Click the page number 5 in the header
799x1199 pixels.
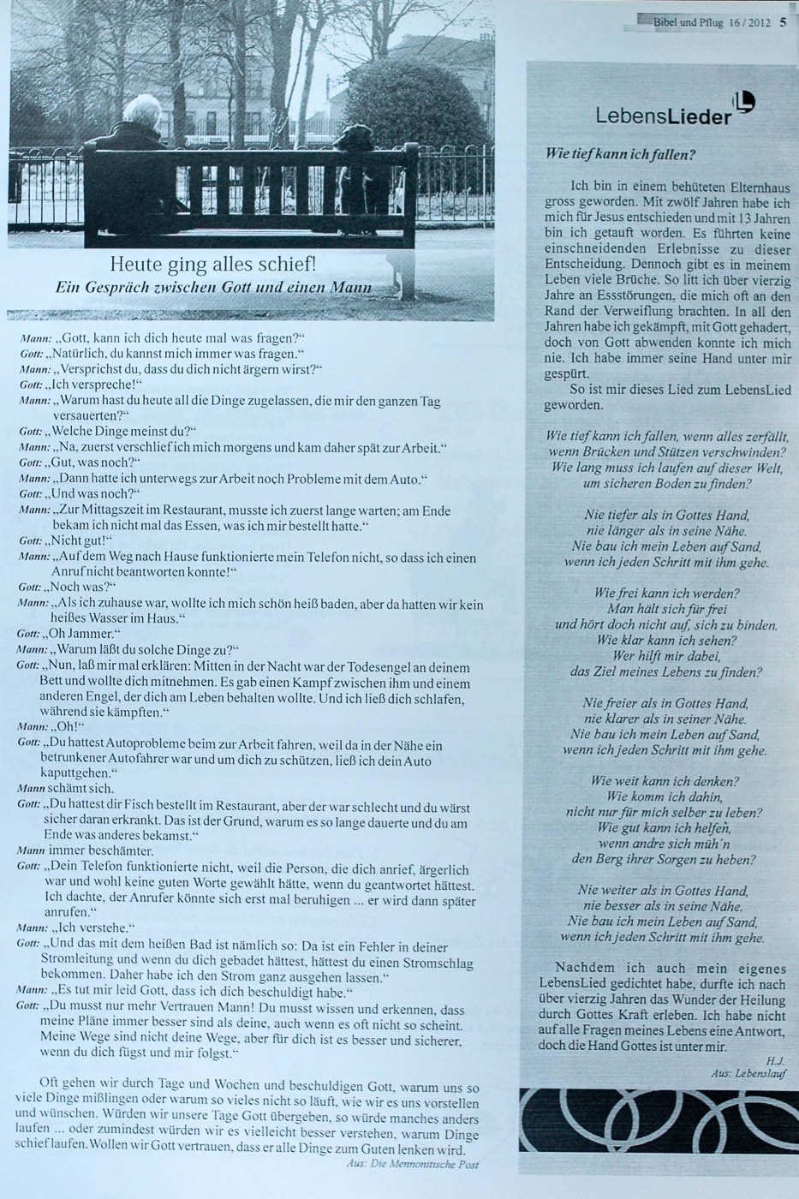tap(784, 23)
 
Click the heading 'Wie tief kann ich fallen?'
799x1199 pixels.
tap(620, 155)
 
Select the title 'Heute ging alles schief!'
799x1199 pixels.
tap(218, 262)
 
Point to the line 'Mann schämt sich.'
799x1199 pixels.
tap(66, 788)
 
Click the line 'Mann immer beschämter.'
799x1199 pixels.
tap(86, 851)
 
